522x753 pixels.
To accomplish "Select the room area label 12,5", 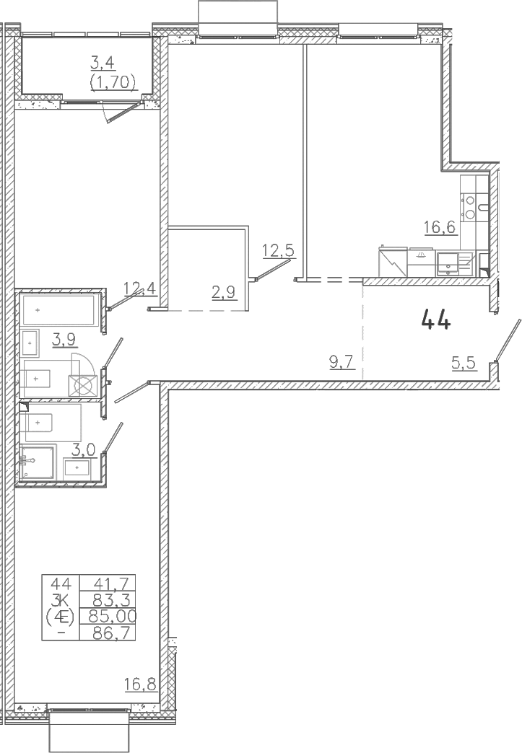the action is click(278, 250).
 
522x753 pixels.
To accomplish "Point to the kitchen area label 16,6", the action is click(440, 226).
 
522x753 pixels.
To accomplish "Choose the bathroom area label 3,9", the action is click(64, 340).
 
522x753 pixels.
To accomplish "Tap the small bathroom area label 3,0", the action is click(84, 451).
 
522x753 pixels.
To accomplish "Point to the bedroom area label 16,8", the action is click(140, 684).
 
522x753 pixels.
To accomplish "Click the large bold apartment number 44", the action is click(436, 320).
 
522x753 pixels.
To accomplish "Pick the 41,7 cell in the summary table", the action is click(108, 584).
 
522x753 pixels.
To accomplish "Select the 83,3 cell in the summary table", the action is click(108, 600).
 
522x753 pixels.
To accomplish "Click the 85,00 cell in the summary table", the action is click(108, 616).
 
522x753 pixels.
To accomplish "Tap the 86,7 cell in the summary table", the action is click(108, 632).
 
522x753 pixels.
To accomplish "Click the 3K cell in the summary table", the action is click(61, 600).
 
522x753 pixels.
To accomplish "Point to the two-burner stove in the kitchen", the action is click(469, 206).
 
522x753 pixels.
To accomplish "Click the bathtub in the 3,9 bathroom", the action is click(58, 309).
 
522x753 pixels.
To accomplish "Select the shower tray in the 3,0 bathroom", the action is click(38, 462).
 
